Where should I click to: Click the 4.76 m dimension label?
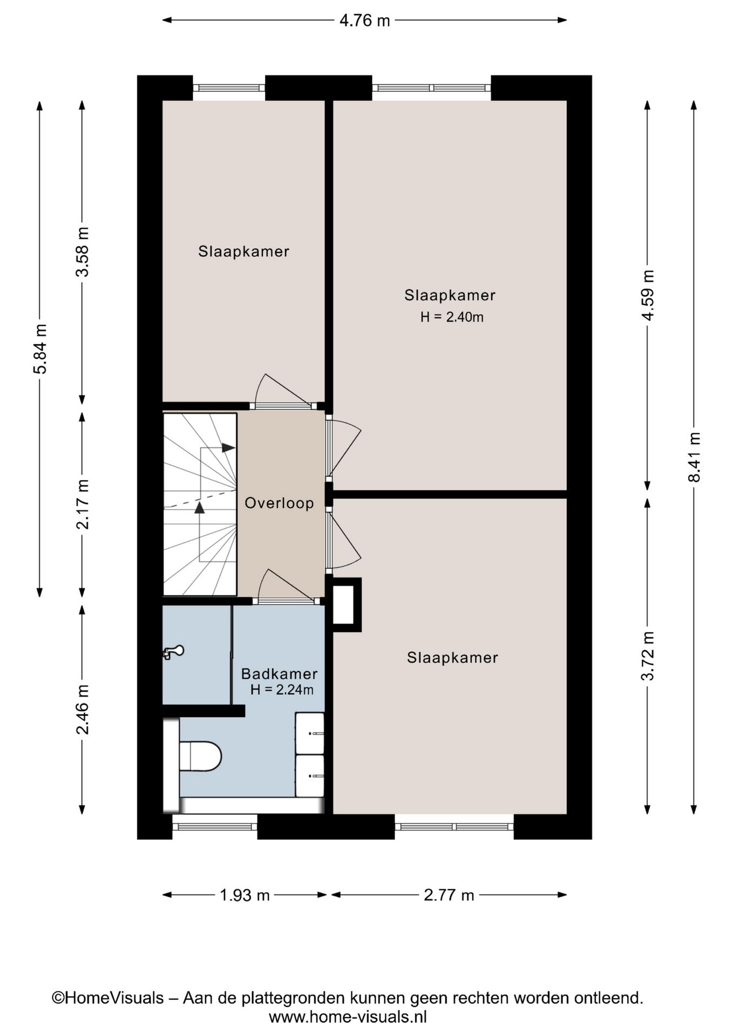(x=364, y=21)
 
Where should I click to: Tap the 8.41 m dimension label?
(x=694, y=457)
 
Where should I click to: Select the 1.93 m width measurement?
(x=245, y=895)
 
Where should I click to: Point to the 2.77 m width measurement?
(x=449, y=895)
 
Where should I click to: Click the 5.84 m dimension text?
(x=40, y=349)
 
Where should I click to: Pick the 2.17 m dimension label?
(x=83, y=504)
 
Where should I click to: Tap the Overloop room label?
(x=279, y=503)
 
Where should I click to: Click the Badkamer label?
(x=279, y=673)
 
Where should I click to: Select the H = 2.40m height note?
(x=452, y=317)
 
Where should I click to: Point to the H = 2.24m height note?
(x=282, y=690)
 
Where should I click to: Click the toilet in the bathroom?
(x=200, y=756)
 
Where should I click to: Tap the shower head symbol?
(x=173, y=652)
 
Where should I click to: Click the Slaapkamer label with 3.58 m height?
(x=243, y=251)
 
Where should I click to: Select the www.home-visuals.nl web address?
(x=348, y=1017)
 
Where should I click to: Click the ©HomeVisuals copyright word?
(x=107, y=998)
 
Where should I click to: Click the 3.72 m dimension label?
(x=648, y=656)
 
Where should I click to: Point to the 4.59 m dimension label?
(x=648, y=295)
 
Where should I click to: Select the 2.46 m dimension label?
(x=83, y=710)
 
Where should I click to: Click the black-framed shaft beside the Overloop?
(x=347, y=605)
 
